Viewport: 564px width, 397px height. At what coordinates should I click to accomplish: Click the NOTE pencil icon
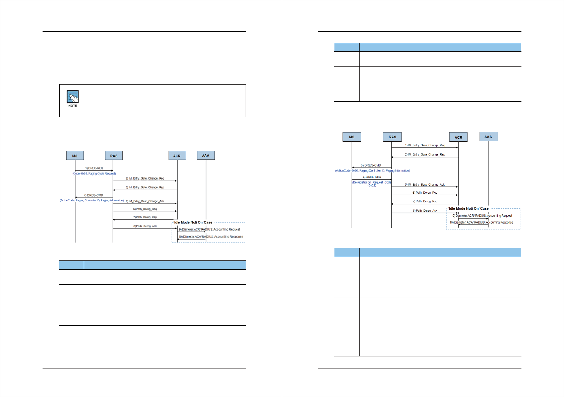(72, 97)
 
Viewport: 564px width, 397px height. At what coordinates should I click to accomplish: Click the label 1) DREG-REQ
(94, 168)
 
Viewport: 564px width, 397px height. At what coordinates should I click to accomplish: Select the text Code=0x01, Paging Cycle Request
(94, 173)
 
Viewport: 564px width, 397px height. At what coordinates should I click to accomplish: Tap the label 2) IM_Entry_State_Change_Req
(145, 179)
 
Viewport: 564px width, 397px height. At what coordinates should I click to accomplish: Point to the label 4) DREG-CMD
(93, 195)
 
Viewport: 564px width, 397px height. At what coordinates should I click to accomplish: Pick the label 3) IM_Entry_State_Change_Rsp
(145, 187)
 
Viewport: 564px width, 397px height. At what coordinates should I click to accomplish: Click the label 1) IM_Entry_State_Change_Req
(425, 145)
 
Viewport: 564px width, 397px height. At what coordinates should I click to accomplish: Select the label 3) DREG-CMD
(371, 165)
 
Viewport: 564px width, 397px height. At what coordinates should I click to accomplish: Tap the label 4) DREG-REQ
(372, 177)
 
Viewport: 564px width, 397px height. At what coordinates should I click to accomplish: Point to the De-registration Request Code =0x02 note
(372, 184)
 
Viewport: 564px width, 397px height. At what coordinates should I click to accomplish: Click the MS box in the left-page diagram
(75, 156)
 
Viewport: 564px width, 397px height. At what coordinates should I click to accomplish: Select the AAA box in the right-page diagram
(488, 137)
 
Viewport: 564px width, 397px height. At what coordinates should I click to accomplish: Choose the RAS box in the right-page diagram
(392, 137)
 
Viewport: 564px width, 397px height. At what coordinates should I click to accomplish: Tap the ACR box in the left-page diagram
(177, 156)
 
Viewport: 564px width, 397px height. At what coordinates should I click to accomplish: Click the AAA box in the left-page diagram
(206, 155)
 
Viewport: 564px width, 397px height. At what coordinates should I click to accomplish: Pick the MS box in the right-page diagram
(352, 137)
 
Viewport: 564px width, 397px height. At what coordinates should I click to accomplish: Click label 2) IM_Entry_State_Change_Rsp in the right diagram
(425, 155)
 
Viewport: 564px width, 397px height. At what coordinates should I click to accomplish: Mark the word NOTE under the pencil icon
(73, 106)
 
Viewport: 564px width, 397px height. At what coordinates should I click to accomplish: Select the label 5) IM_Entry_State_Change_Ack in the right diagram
(425, 185)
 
